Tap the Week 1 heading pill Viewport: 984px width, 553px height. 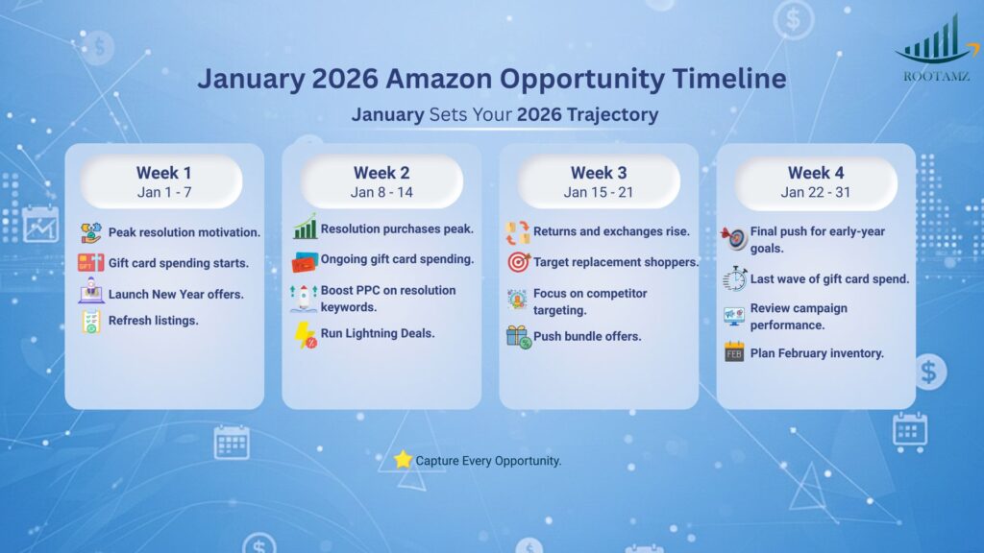163,181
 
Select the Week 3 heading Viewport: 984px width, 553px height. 599,173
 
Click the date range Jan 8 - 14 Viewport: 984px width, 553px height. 381,192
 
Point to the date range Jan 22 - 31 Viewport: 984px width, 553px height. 816,192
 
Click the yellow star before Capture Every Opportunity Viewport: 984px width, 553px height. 403,460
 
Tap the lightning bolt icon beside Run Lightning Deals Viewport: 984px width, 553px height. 306,334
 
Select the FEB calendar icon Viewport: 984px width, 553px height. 734,352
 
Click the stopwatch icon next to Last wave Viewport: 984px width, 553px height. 734,279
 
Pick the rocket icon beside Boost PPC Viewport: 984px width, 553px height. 304,298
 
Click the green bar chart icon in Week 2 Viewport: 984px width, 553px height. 305,228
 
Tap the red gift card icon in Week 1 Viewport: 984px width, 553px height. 90,262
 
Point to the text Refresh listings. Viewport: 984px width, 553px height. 153,321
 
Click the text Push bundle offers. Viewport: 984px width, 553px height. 587,336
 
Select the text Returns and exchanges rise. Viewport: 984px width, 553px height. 611,231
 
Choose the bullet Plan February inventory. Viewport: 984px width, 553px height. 817,353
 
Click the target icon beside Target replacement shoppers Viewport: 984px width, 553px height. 518,261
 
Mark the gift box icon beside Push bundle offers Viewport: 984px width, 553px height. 518,336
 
